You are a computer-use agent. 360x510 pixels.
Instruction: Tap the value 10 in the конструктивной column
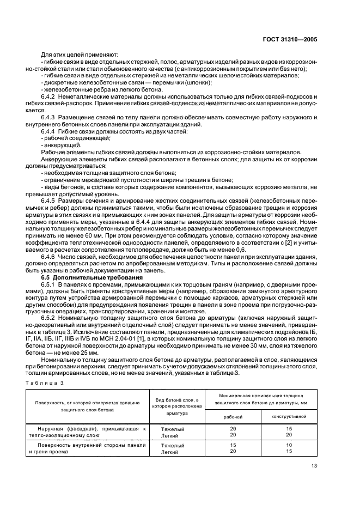click(x=290, y=445)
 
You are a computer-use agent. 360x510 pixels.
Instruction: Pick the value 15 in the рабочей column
click(x=233, y=445)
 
